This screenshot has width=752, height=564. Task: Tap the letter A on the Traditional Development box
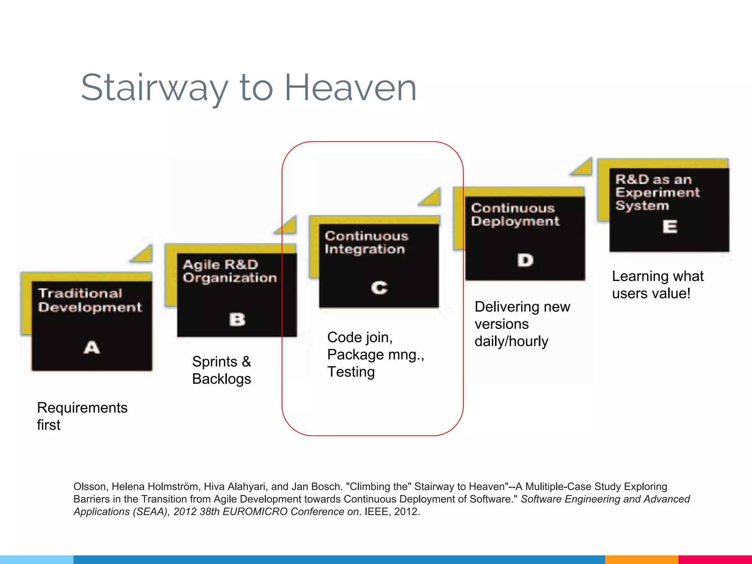tap(91, 347)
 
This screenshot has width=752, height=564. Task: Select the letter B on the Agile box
tap(237, 319)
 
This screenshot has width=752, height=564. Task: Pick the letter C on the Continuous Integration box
tap(379, 288)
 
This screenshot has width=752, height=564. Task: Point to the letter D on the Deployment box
tap(525, 260)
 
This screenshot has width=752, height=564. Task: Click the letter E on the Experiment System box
tap(670, 227)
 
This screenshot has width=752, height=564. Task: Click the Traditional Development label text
tap(90, 300)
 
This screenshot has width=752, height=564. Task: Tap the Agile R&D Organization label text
tap(229, 271)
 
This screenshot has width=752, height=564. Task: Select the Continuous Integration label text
tap(366, 242)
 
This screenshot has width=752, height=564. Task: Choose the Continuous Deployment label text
tap(515, 215)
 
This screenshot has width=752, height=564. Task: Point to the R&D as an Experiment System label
tap(657, 192)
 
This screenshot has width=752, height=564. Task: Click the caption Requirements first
tap(82, 416)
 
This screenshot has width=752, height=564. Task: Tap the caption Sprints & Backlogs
tap(221, 370)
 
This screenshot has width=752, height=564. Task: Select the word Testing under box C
tap(351, 372)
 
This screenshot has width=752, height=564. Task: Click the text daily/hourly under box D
tap(511, 341)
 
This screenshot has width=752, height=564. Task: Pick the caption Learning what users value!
tap(657, 285)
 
